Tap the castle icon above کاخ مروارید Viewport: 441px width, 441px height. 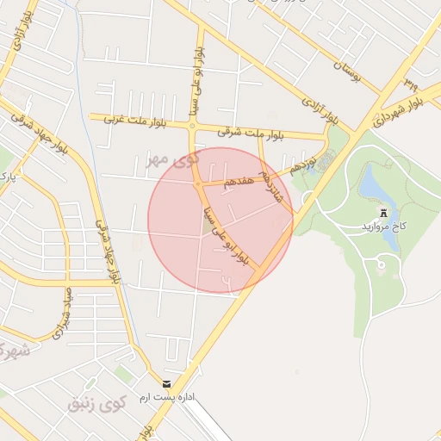point(384,212)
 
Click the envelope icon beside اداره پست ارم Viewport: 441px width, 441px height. point(166,383)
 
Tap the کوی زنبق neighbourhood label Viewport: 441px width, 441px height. point(96,403)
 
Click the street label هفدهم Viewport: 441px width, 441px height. point(239,181)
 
